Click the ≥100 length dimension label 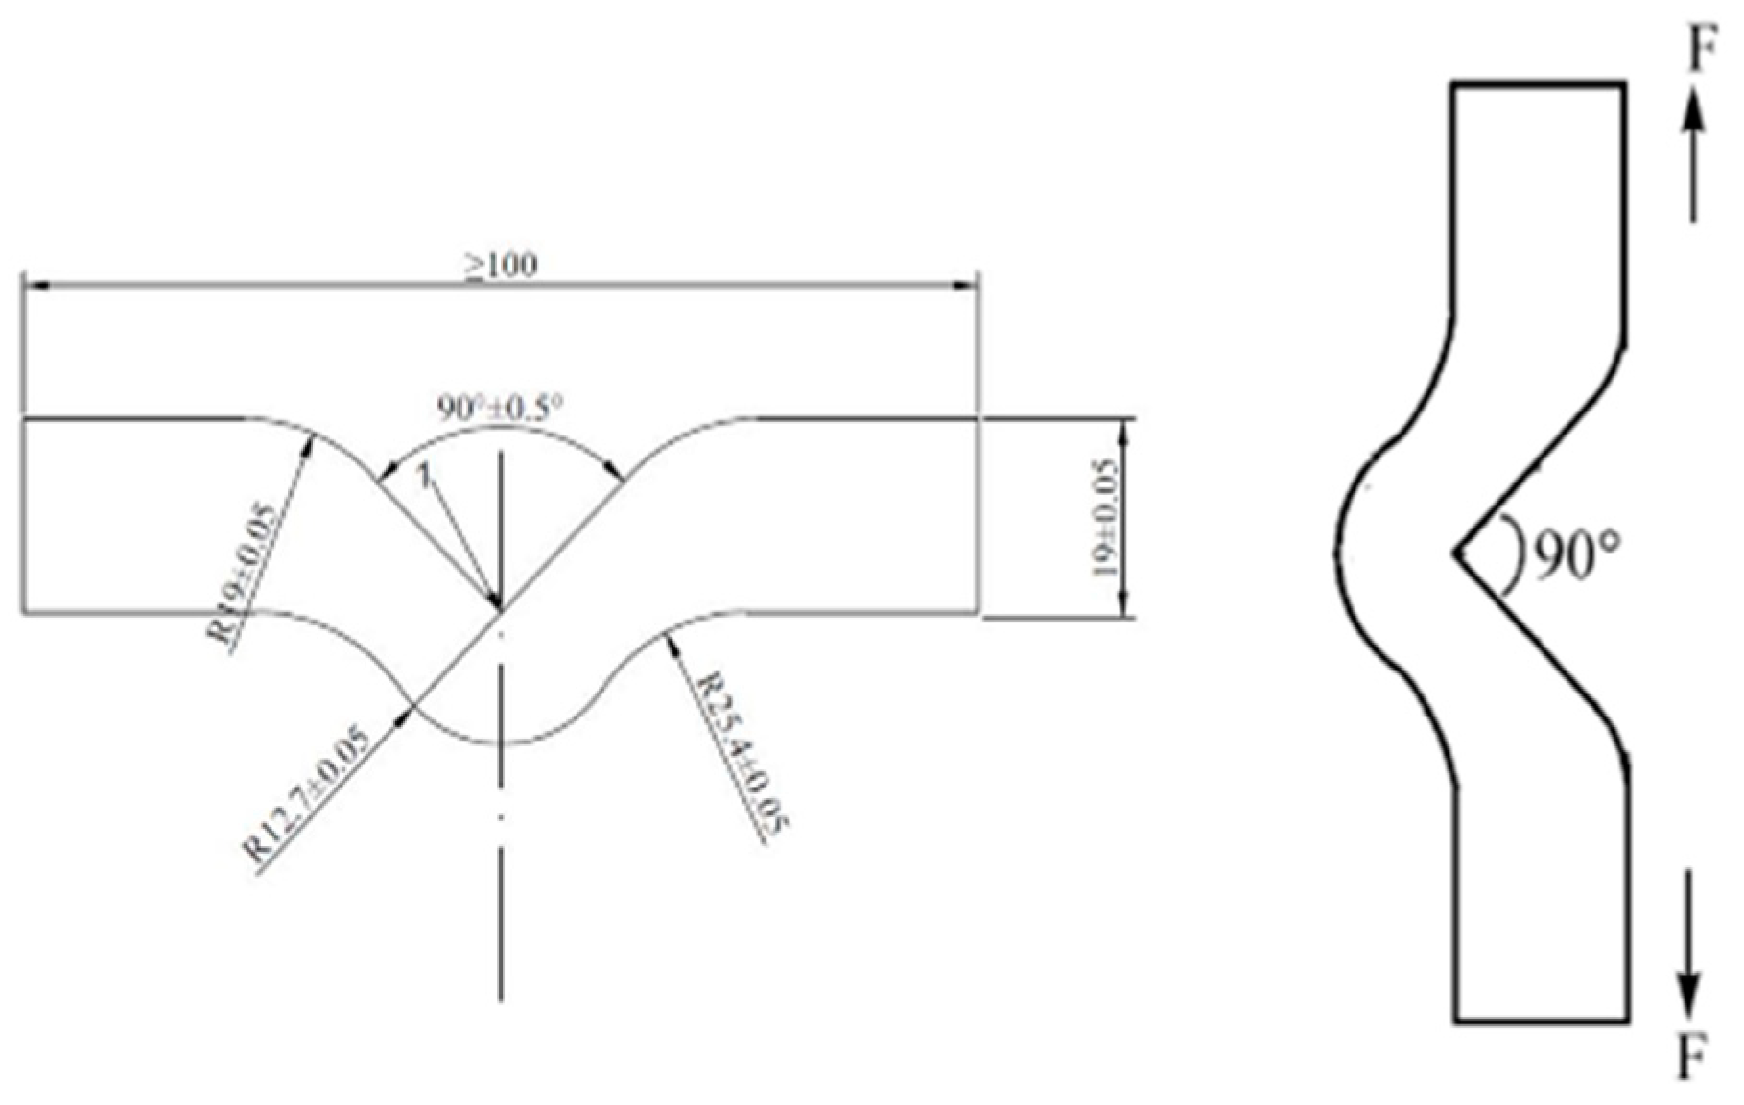[502, 266]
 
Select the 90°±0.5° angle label [499, 407]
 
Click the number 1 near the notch [423, 475]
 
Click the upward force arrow [1694, 153]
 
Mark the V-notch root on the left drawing [500, 608]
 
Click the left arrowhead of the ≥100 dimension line [35, 284]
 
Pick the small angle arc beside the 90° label [1516, 554]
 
